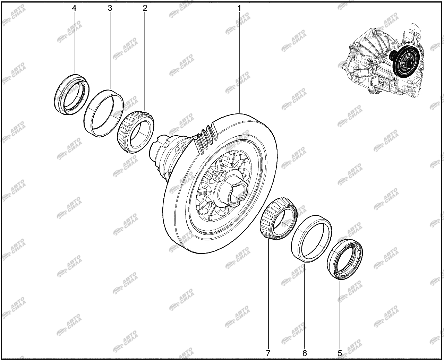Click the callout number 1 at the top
(239, 8)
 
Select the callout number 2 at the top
(145, 8)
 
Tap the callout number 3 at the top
(110, 8)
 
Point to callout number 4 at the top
(74, 8)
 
